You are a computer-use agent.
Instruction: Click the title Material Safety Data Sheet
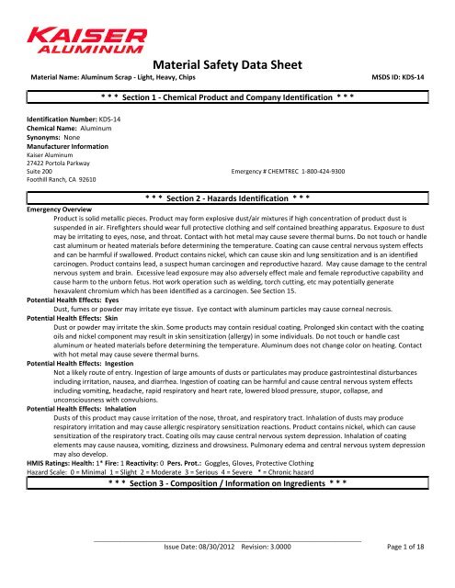point(227,65)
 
